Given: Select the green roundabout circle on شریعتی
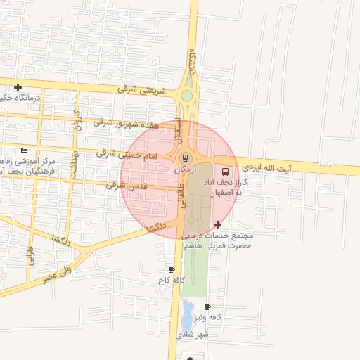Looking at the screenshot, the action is [x=187, y=96].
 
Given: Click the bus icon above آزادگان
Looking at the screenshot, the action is [x=186, y=158].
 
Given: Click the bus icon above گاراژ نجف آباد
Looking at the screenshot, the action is [x=226, y=171].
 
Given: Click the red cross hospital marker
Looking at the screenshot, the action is [x=216, y=225].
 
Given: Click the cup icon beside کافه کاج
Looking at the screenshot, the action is [x=172, y=270].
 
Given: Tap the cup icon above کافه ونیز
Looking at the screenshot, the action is [x=207, y=307].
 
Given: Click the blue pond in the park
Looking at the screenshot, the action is [x=188, y=314].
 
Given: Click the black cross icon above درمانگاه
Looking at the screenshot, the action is [x=17, y=88].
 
